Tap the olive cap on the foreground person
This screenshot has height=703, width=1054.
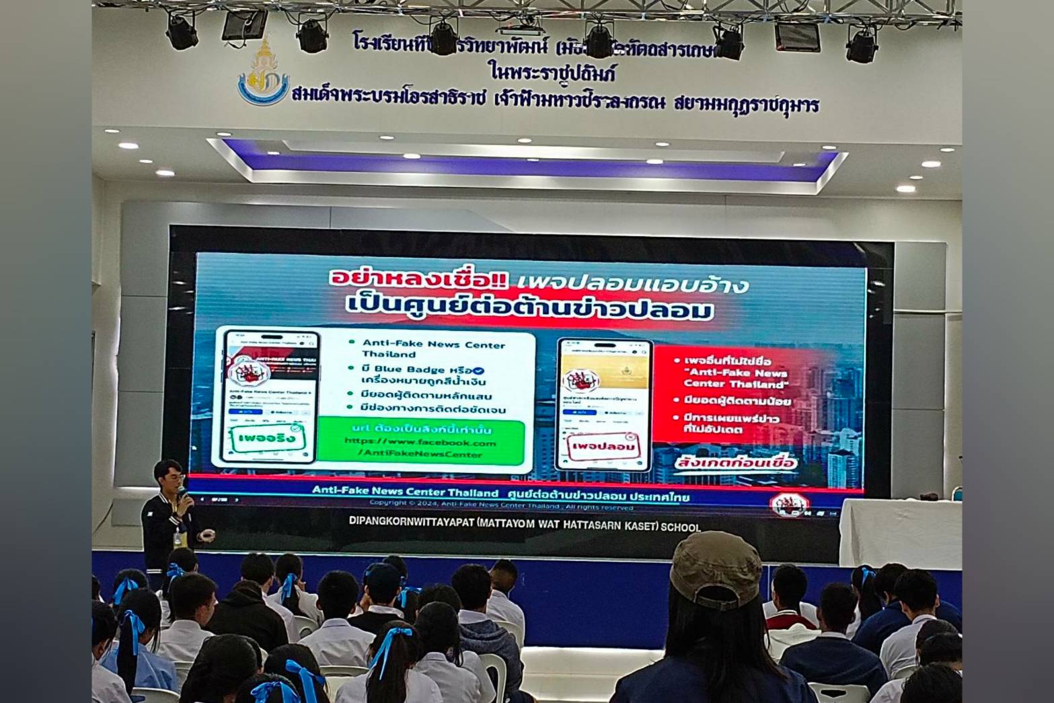(x=716, y=568)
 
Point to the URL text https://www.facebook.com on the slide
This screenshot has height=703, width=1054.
(x=420, y=442)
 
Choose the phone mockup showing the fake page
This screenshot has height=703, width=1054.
(x=603, y=404)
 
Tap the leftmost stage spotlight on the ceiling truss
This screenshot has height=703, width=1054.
(x=182, y=30)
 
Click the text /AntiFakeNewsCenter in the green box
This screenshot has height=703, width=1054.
(x=420, y=454)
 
